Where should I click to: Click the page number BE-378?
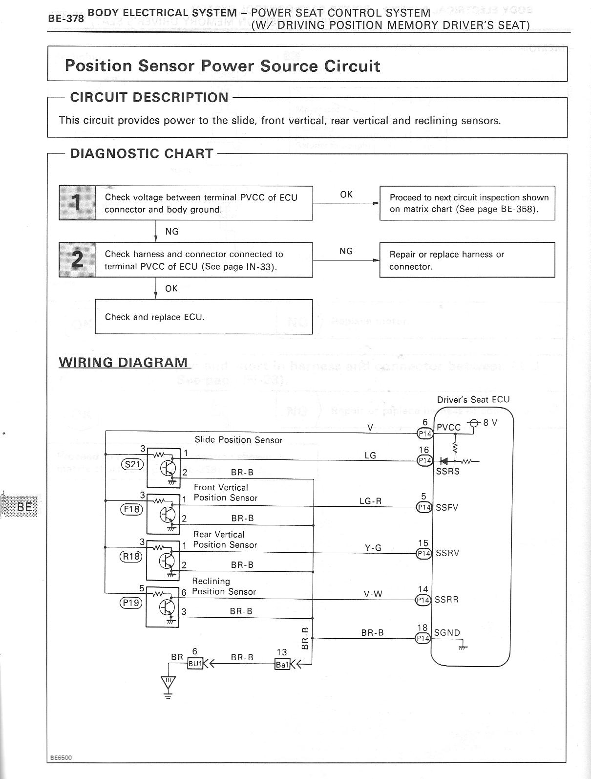(66, 19)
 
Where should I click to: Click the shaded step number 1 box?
(77, 203)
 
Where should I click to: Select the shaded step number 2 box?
(77, 260)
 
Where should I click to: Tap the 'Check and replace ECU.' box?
(204, 317)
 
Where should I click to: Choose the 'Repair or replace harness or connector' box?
(467, 260)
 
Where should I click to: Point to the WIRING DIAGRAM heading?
(123, 363)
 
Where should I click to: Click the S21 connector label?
(132, 464)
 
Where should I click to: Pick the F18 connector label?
(131, 509)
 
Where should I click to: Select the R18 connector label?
(131, 556)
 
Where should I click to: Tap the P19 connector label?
(131, 603)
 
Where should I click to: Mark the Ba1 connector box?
(282, 664)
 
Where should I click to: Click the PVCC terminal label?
(448, 427)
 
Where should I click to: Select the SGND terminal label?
(447, 632)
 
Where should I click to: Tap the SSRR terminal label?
(446, 599)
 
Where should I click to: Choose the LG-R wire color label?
(370, 501)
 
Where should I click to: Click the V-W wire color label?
(373, 594)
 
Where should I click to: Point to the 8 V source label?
(490, 423)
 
